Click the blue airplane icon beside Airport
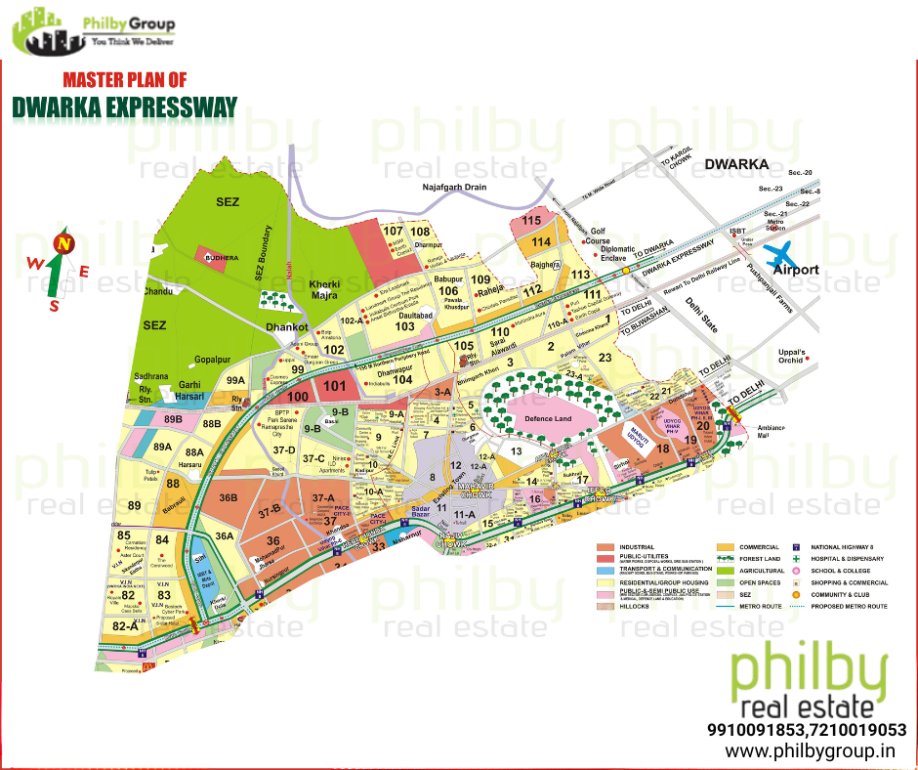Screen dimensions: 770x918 click(784, 256)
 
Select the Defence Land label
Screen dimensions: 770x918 click(548, 418)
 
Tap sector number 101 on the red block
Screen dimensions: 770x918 click(335, 385)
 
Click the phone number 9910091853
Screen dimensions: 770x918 click(757, 730)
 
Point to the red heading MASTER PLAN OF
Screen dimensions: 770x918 click(124, 79)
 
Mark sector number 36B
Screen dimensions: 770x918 click(229, 497)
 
